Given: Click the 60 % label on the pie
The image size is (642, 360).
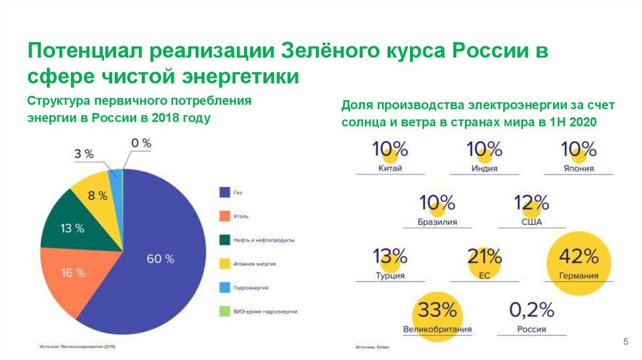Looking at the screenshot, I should [160, 258].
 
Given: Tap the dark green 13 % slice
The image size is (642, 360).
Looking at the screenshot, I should [71, 228].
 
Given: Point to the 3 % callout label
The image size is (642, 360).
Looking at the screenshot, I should [84, 154].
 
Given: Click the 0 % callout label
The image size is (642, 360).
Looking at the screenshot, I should [140, 143].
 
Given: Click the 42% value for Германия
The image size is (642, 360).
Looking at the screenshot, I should [579, 256].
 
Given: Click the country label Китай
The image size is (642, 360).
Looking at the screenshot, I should [391, 168].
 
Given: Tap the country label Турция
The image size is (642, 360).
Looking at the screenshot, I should [390, 275].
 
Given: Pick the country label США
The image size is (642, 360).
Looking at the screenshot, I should [532, 222].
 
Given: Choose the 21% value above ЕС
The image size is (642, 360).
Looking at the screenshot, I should [485, 256].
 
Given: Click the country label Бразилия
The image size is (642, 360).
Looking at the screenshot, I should [437, 222].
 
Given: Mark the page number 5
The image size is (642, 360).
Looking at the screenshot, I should [624, 341].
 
